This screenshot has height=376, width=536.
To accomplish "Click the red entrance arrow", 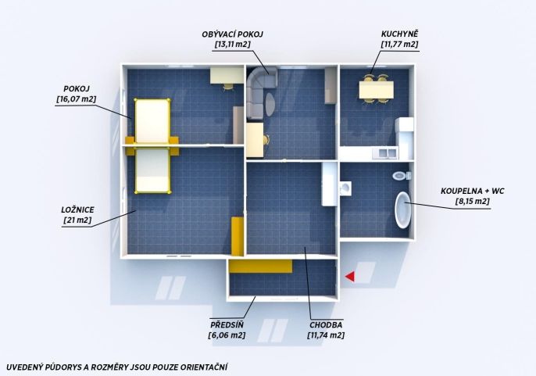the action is click(x=349, y=277).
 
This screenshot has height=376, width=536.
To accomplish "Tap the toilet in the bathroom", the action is click(x=402, y=176).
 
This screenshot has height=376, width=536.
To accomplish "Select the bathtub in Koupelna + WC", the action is click(x=402, y=209).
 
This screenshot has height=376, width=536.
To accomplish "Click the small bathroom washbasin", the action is click(x=345, y=188).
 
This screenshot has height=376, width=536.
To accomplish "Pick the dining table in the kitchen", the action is click(x=376, y=90).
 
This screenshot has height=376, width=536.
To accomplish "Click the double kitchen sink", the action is click(x=385, y=152).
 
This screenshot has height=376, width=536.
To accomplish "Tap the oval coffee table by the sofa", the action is click(x=270, y=103).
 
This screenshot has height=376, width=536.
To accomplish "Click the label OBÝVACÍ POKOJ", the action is click(x=233, y=34).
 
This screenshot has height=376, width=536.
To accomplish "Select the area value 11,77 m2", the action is click(x=399, y=44).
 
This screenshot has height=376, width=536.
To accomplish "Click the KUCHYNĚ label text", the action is click(x=399, y=34).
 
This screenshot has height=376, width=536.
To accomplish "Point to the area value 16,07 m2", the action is click(x=77, y=99).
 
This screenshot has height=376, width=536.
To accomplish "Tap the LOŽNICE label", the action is click(x=77, y=209).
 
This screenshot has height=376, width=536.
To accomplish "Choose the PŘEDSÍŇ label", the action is click(x=227, y=324).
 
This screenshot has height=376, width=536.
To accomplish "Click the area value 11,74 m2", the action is click(x=326, y=335).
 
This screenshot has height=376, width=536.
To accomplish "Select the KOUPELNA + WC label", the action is click(x=473, y=191).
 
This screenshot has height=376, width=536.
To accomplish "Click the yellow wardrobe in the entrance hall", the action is click(x=260, y=267).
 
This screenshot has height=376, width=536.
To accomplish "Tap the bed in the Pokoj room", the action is click(x=152, y=120).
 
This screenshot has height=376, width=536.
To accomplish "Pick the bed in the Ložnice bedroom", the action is click(x=152, y=170).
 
